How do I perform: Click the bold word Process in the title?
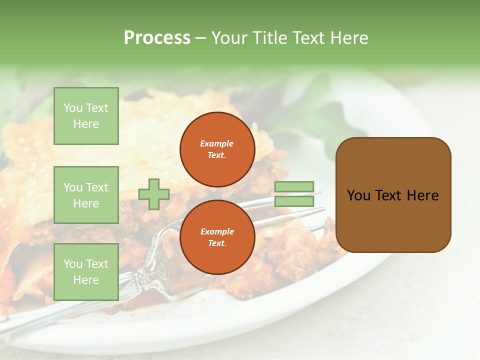[x=157, y=38]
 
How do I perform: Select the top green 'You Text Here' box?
[x=86, y=116]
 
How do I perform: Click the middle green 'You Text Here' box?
[x=86, y=195]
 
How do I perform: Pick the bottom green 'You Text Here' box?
[x=86, y=271]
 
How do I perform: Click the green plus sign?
[x=154, y=194]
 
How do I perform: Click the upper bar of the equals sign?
[x=294, y=187]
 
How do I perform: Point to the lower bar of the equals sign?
[x=294, y=201]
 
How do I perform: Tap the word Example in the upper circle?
[x=217, y=143]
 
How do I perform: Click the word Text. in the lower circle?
[x=217, y=243]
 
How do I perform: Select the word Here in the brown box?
[x=422, y=195]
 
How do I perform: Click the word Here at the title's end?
[x=349, y=38]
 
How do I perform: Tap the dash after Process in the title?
[x=200, y=38]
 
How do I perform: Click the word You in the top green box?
[x=73, y=108]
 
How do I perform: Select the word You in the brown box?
[x=358, y=195]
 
